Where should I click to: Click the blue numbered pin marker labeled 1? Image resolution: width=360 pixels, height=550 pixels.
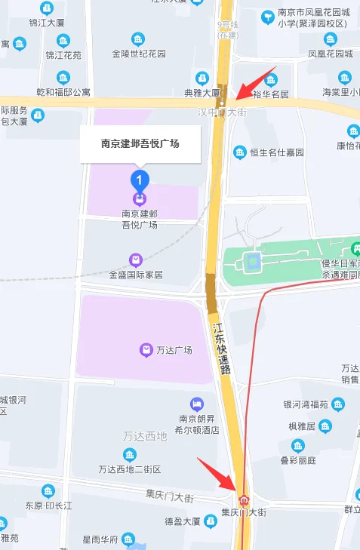pyautogui.click(x=140, y=180)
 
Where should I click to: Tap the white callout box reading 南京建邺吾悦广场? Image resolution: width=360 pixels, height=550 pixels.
pyautogui.click(x=140, y=143)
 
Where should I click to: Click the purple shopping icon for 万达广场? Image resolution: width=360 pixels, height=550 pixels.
pyautogui.click(x=146, y=349)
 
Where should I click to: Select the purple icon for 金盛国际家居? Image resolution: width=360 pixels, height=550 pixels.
pyautogui.click(x=135, y=260)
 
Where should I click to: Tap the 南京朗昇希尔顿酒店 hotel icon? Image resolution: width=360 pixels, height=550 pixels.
pyautogui.click(x=198, y=404)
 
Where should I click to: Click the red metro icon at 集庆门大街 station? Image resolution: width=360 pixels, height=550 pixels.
pyautogui.click(x=244, y=499)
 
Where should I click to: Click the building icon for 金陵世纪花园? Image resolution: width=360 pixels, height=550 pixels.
pyautogui.click(x=138, y=38)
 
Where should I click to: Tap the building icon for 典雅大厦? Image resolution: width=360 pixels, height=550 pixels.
pyautogui.click(x=202, y=77)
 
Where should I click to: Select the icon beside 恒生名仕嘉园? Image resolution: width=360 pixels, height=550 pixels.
pyautogui.click(x=240, y=152)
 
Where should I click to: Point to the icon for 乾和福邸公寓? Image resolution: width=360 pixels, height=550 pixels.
pyautogui.click(x=63, y=77)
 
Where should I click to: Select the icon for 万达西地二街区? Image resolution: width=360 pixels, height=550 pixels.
pyautogui.click(x=130, y=454)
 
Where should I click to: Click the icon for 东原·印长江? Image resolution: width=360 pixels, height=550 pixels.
pyautogui.click(x=48, y=490)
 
